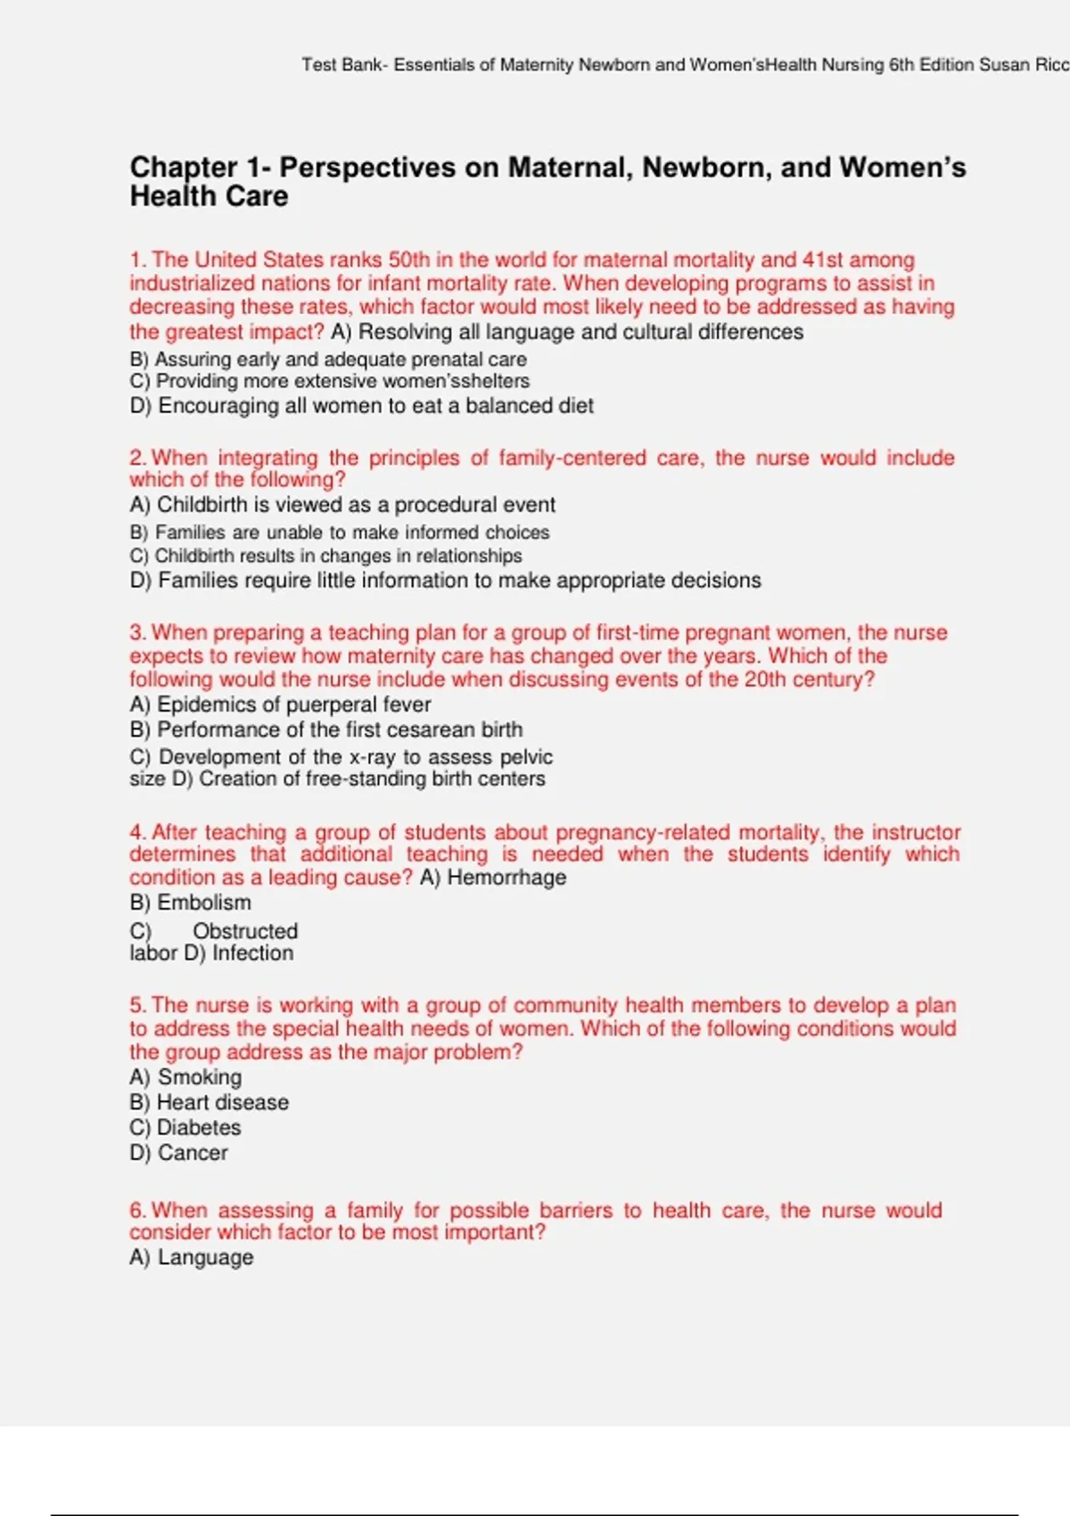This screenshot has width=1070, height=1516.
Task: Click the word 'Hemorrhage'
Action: (x=506, y=877)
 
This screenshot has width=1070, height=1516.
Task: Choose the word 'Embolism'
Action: (x=204, y=902)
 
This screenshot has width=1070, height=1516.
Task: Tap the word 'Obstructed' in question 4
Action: (x=245, y=931)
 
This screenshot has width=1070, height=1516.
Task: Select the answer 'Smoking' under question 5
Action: (x=200, y=1077)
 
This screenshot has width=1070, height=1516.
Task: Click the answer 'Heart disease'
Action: (x=223, y=1102)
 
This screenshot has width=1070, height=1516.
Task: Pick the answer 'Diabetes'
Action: (x=199, y=1127)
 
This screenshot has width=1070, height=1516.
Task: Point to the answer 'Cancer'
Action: (x=193, y=1153)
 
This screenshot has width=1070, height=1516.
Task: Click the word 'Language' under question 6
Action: (x=206, y=1257)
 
